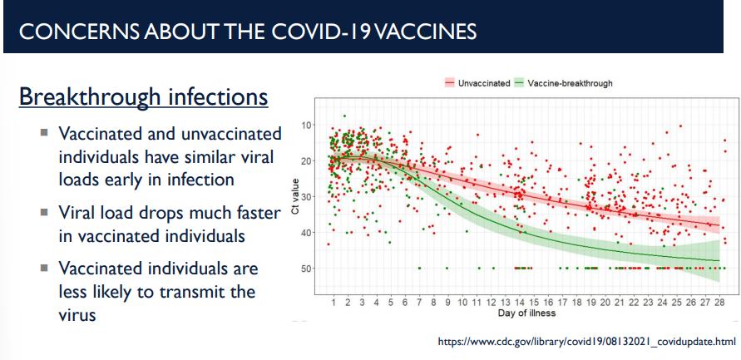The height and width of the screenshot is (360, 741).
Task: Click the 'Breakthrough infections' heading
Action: tap(143, 97)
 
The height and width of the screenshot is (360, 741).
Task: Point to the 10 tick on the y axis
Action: tap(307, 125)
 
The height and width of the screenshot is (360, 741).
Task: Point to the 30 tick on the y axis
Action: tap(307, 197)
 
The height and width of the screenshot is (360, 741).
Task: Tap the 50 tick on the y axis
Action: tap(307, 269)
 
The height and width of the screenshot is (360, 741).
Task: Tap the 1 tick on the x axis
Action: tap(333, 303)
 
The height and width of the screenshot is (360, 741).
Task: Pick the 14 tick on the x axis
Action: tap(518, 303)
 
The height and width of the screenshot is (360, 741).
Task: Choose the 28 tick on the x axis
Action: tap(718, 303)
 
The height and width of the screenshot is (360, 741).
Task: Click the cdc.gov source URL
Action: tap(587, 342)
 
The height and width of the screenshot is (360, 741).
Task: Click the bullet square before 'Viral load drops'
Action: tap(44, 213)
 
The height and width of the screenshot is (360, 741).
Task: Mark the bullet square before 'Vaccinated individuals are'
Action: tap(44, 268)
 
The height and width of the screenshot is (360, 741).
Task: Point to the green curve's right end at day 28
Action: tap(718, 261)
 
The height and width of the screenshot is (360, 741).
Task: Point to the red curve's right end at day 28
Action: tap(718, 225)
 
